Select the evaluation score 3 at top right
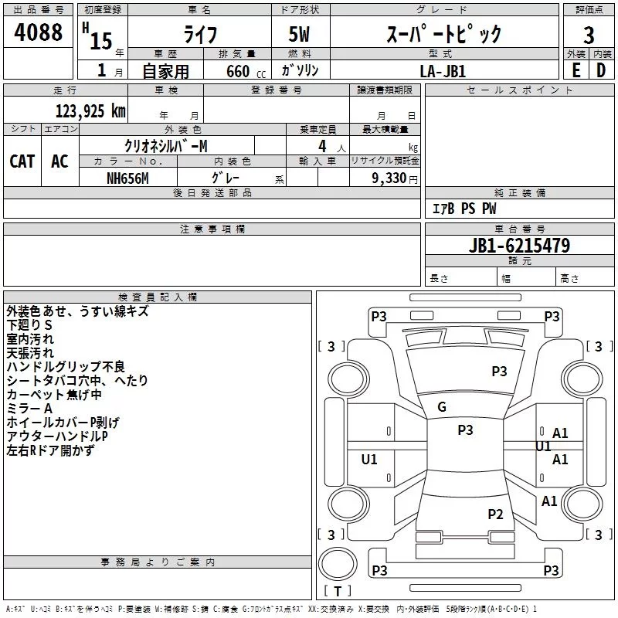(589, 35)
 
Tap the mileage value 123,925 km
(90, 111)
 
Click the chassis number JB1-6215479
(519, 246)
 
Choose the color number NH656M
(127, 178)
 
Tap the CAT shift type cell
(22, 161)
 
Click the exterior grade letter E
(576, 70)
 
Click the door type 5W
(300, 35)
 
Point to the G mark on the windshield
(442, 407)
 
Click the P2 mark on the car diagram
(495, 514)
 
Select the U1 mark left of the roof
(369, 460)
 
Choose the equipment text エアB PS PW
(464, 209)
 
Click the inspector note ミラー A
(29, 408)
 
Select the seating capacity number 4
(321, 146)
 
